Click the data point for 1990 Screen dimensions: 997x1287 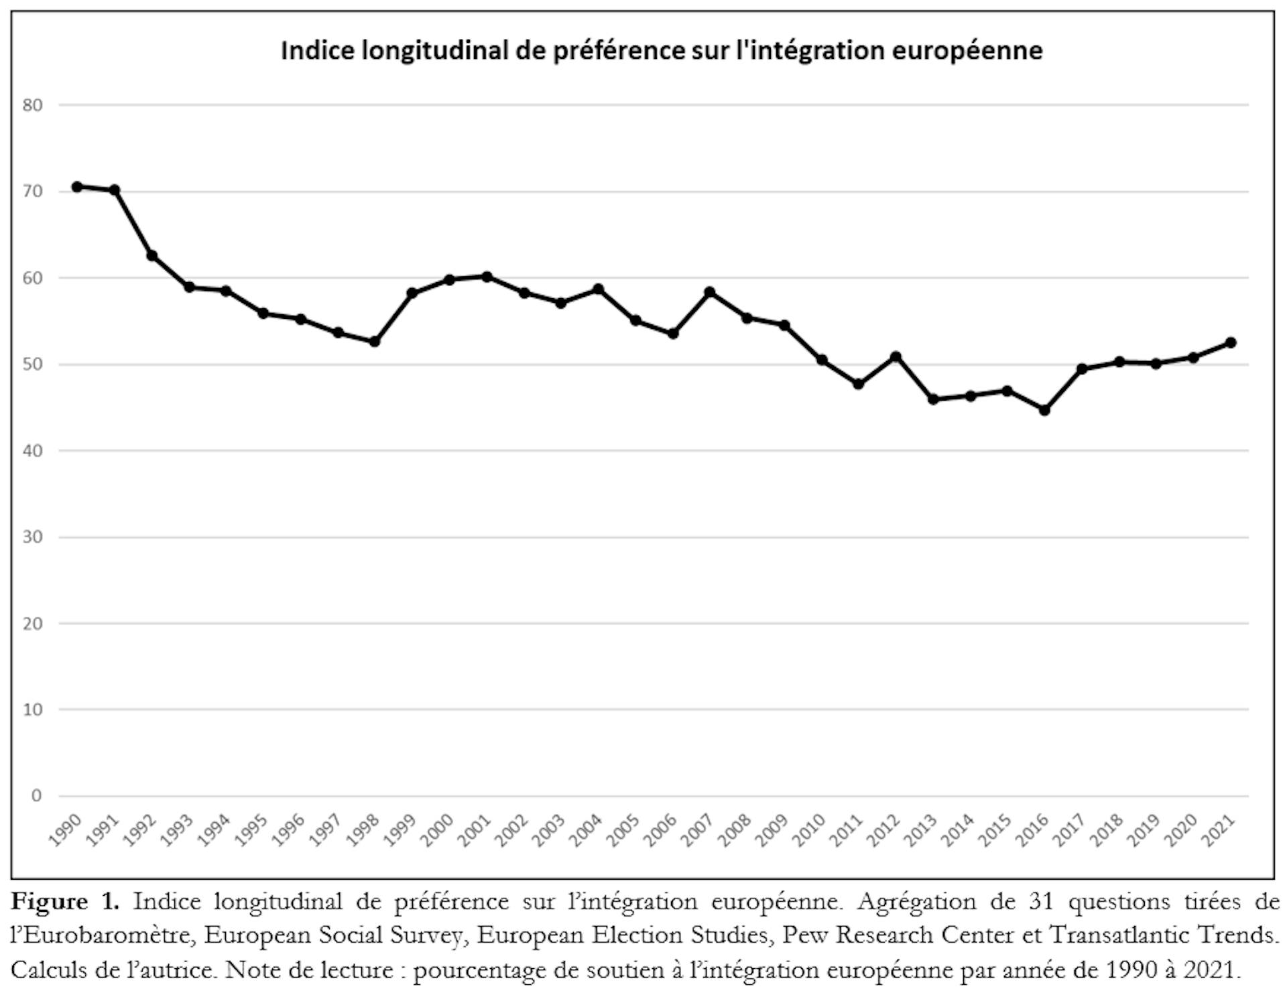point(77,187)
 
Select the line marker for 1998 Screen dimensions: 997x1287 point(375,342)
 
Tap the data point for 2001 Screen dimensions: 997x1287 point(487,277)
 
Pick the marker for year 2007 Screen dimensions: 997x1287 point(710,292)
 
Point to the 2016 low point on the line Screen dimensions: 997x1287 point(1044,410)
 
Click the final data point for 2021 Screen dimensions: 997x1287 point(1231,343)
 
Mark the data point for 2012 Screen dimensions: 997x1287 point(896,357)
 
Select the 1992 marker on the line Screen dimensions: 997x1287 point(151,256)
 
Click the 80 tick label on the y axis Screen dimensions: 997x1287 point(32,105)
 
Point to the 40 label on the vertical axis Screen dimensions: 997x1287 point(32,451)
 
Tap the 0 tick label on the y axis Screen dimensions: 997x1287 point(36,796)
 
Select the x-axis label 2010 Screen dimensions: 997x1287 point(809,831)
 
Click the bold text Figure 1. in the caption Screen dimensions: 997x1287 point(65,902)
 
